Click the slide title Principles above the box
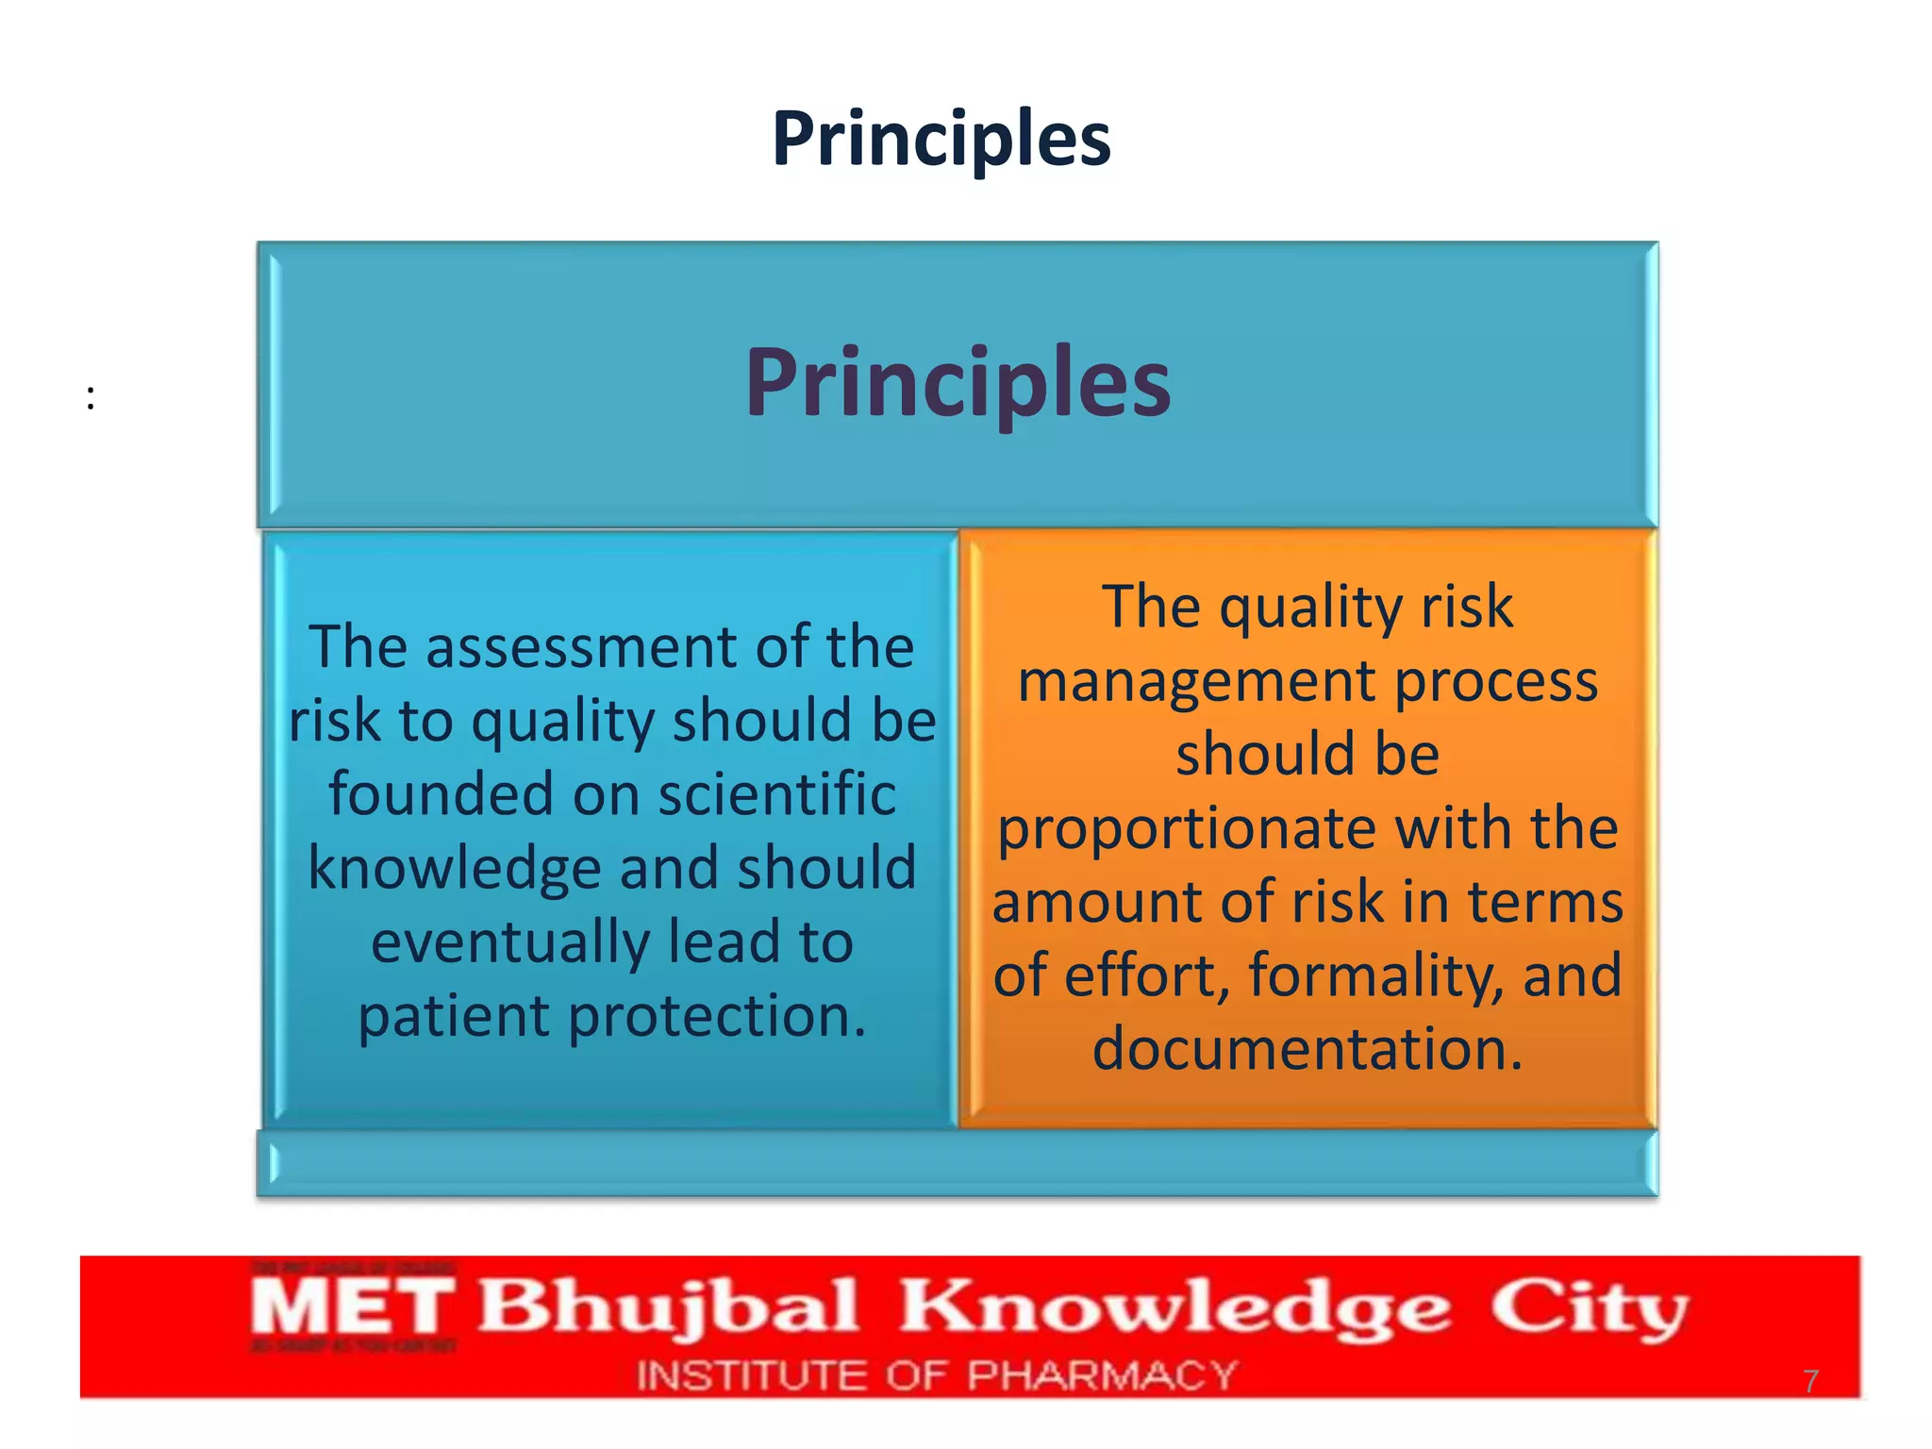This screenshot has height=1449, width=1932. coord(941,139)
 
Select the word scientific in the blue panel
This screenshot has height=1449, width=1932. coord(777,794)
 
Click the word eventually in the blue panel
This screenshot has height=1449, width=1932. coord(510,942)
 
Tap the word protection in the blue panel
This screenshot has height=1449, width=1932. coord(716,1017)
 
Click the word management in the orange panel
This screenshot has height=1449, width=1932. coord(1197,681)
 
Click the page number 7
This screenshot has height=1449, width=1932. coord(1810,1381)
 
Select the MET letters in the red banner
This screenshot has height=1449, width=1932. coord(351,1307)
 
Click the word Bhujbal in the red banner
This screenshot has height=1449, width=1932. coord(668,1307)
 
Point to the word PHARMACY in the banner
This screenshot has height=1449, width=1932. coord(1102,1375)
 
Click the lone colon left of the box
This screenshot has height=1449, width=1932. coord(91,397)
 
